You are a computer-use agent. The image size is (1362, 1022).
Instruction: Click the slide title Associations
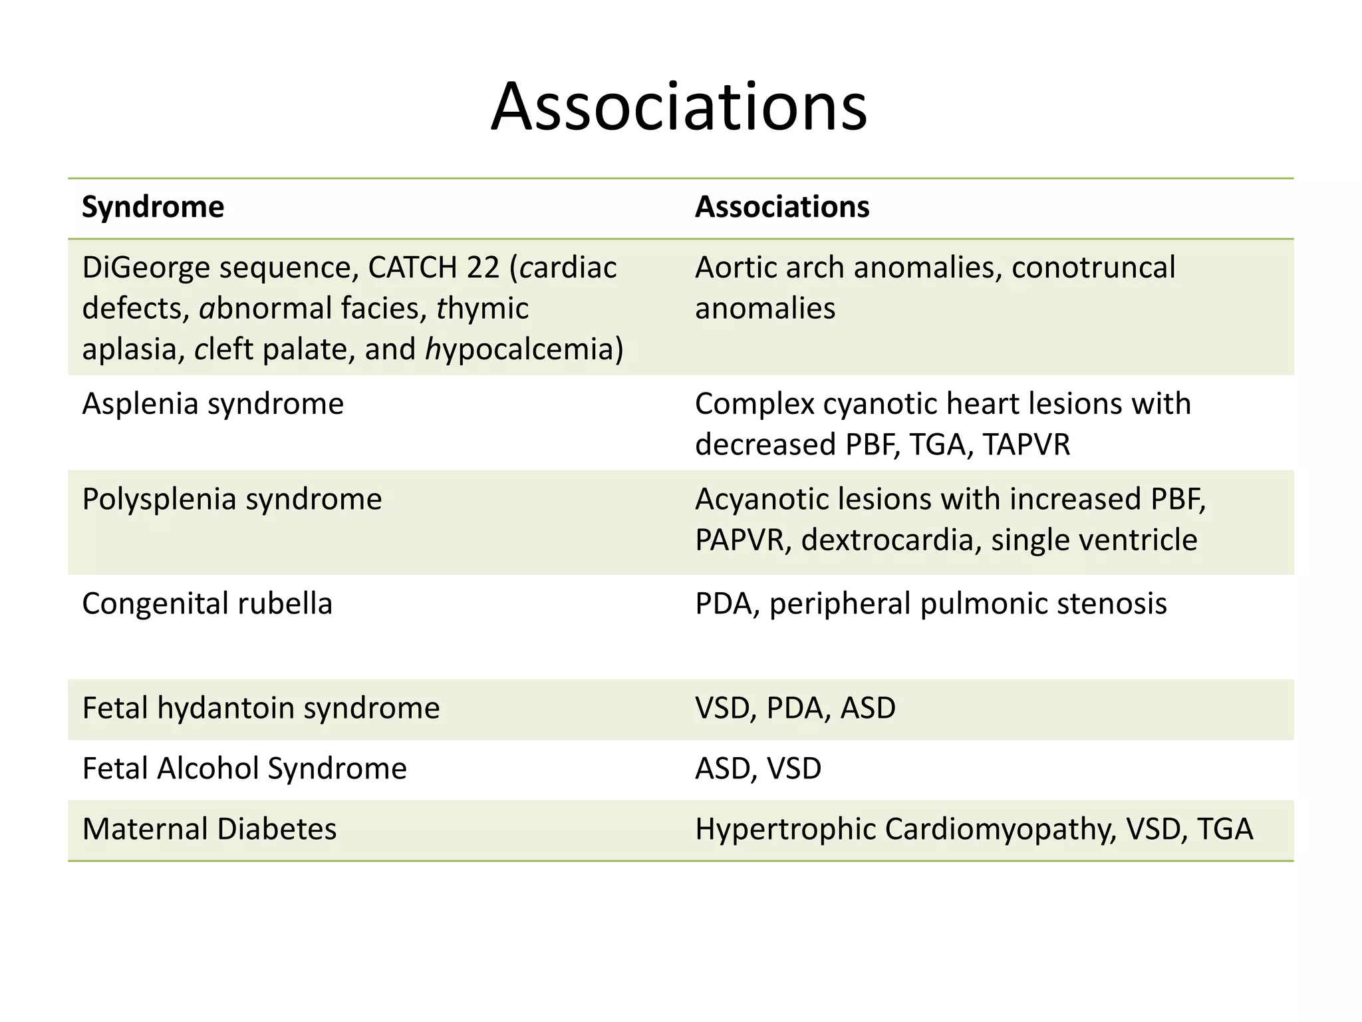click(x=679, y=107)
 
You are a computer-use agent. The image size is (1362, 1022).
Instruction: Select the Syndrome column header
click(x=153, y=207)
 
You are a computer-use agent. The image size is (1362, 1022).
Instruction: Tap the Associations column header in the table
click(x=782, y=207)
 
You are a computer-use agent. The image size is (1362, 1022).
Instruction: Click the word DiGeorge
click(x=146, y=267)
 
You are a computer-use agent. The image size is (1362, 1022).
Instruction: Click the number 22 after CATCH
click(x=482, y=267)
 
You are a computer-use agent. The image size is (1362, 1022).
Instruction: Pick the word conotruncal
click(x=1093, y=267)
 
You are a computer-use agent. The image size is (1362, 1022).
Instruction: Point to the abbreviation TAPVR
click(x=1026, y=444)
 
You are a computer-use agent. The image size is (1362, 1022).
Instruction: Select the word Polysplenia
click(x=159, y=499)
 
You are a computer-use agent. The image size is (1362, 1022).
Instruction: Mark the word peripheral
click(x=839, y=603)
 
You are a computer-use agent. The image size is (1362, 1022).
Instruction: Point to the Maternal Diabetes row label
click(x=209, y=829)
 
